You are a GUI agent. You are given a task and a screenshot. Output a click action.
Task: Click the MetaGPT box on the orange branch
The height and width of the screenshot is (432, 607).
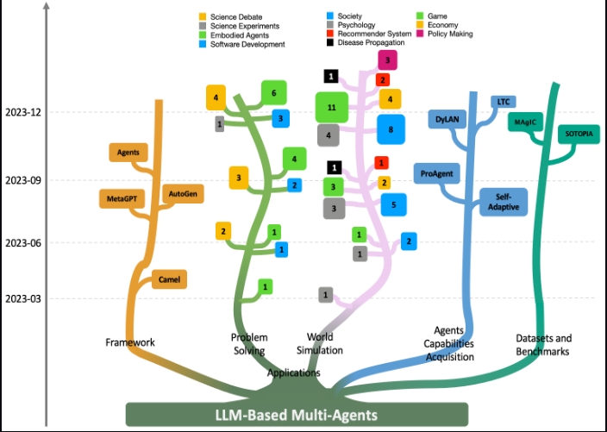[122, 199]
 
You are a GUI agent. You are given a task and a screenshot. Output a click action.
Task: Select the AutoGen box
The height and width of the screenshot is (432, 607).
[183, 194]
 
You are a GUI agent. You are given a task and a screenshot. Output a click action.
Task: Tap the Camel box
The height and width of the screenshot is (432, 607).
[169, 279]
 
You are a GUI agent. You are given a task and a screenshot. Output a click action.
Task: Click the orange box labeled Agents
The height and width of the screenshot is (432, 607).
[128, 153]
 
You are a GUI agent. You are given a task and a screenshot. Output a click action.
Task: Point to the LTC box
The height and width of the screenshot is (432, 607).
[504, 102]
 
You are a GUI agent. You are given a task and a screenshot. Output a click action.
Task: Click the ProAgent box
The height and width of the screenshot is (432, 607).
[437, 173]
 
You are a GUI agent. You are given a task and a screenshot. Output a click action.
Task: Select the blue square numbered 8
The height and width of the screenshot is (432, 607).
[391, 129]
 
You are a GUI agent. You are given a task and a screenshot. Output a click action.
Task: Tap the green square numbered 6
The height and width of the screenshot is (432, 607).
[273, 92]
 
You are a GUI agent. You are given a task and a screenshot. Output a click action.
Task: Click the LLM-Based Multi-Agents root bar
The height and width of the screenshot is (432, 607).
[296, 415]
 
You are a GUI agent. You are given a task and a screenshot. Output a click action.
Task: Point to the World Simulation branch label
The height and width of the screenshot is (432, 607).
[325, 343]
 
